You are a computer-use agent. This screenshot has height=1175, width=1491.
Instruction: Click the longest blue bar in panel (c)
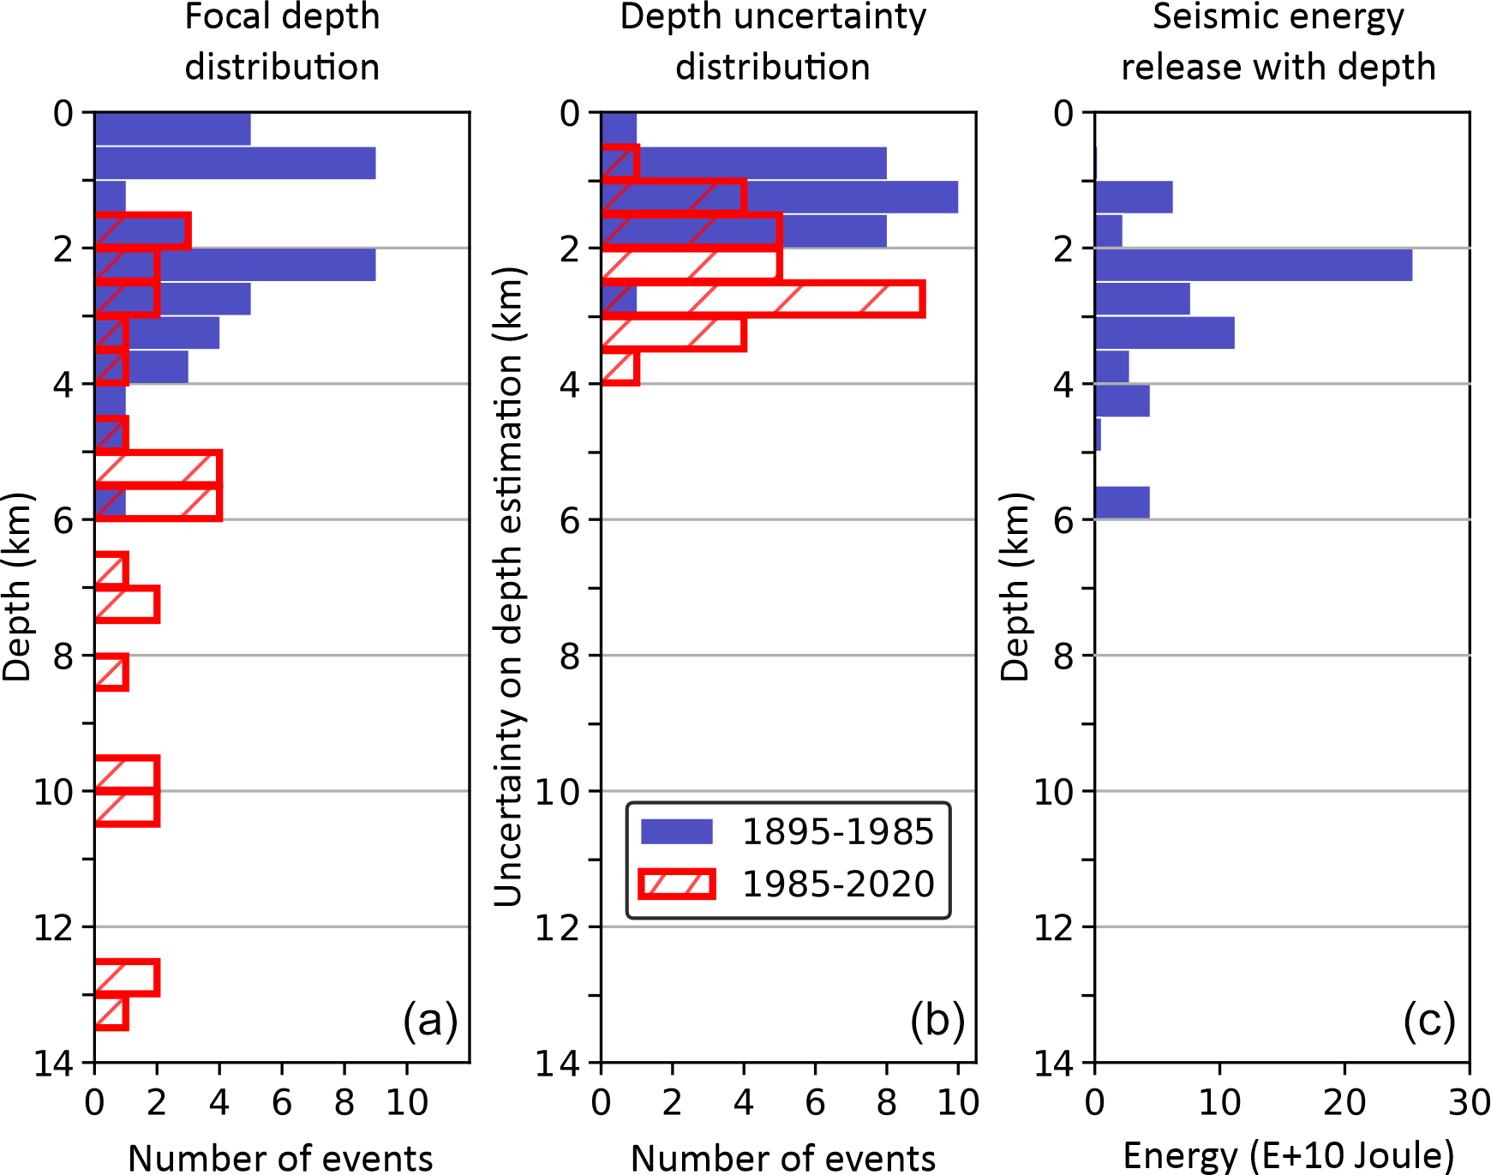tap(1253, 265)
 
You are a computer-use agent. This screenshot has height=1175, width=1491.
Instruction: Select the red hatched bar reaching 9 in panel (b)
tap(763, 299)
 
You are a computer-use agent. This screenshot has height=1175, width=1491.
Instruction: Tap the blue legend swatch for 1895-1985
tap(677, 831)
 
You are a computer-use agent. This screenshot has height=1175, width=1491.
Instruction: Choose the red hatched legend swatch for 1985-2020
tap(677, 884)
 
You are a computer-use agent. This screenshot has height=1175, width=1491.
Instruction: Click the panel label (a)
tap(430, 1021)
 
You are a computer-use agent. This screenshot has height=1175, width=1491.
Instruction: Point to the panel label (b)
tap(937, 1021)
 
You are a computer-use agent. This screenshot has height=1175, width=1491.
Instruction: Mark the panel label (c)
tap(1429, 1021)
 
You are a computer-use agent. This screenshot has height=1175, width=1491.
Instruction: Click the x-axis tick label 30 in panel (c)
tap(1469, 1103)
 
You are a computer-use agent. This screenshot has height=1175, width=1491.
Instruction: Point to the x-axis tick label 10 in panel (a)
tap(406, 1103)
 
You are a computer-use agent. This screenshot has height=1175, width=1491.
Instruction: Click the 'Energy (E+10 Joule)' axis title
tap(1289, 1156)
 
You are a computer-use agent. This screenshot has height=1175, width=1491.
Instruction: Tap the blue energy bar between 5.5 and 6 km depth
tap(1123, 502)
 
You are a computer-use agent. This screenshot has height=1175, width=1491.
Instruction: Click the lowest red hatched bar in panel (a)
tap(111, 1012)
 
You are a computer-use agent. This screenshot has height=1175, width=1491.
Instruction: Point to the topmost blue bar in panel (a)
tap(172, 129)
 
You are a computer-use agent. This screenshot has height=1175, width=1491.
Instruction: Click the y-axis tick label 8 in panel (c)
tap(1063, 656)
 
